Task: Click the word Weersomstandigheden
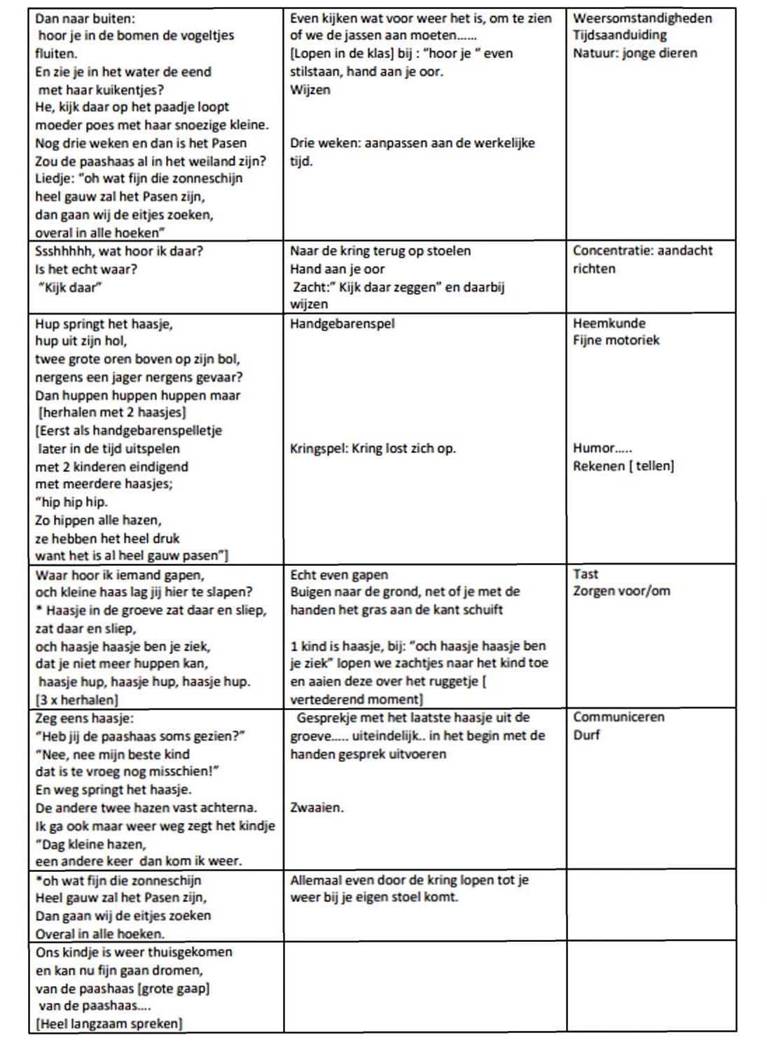(x=642, y=18)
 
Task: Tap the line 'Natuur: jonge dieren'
(x=635, y=53)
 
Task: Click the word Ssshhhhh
(x=65, y=251)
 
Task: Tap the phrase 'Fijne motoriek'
(x=616, y=341)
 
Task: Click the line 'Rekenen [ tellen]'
(x=623, y=466)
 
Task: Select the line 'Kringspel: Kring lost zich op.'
(x=373, y=448)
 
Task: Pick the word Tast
(x=586, y=574)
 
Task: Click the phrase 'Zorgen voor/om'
(x=621, y=591)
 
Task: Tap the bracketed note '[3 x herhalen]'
(x=76, y=700)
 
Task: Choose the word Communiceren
(x=619, y=717)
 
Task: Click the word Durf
(x=586, y=735)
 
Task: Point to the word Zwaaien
(x=316, y=807)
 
